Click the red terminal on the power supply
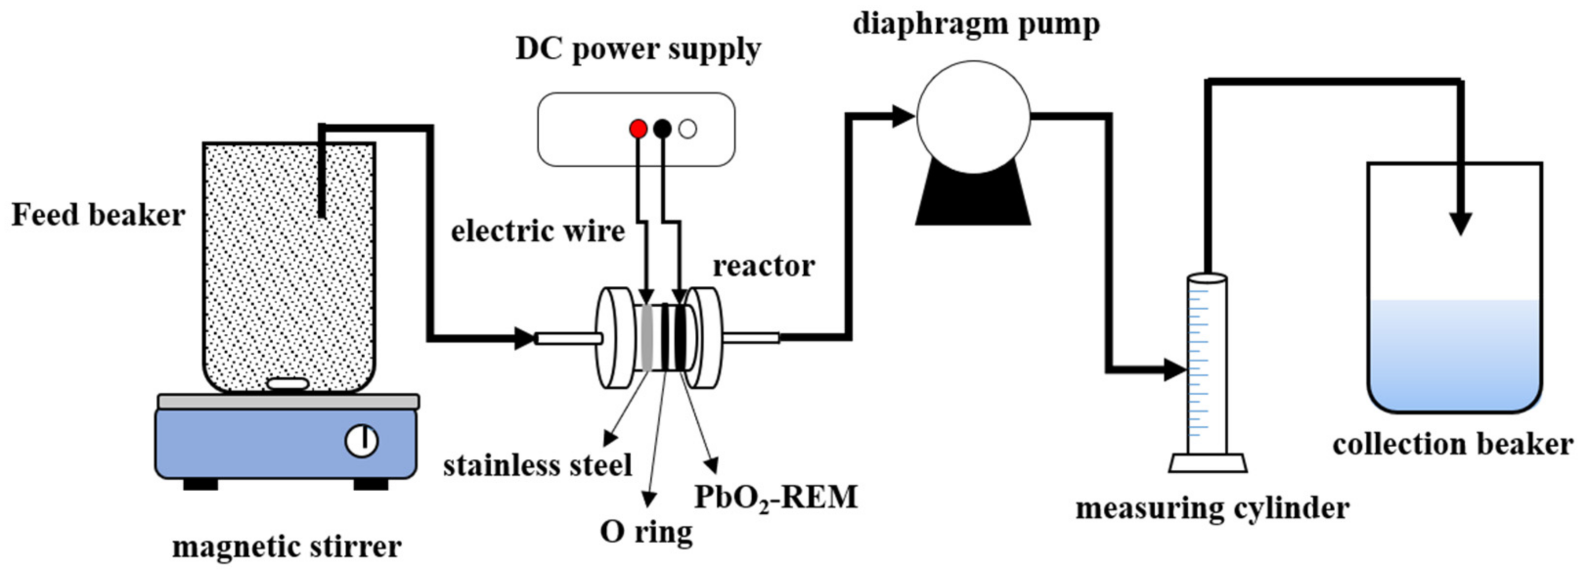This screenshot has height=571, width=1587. pos(638,129)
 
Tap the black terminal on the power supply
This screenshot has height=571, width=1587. pos(662,129)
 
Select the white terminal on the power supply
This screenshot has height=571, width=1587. pos(687,129)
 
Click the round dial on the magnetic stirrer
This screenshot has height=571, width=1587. pos(362,440)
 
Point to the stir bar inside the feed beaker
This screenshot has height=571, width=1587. pos(287,384)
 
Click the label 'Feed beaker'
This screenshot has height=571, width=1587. pos(99,216)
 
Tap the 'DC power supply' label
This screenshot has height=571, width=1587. pos(638,49)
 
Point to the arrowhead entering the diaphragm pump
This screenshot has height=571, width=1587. pos(903,115)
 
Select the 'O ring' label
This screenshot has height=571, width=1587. pos(646,531)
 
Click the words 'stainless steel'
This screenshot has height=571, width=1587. pos(537,465)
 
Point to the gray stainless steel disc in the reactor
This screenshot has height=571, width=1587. pos(646,338)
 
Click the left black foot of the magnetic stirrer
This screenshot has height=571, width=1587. pos(201,484)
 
